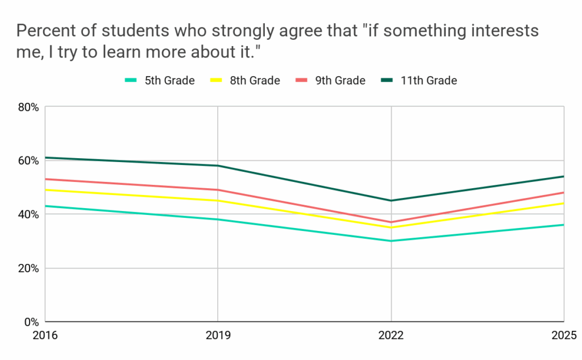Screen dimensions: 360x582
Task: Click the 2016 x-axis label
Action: click(x=45, y=335)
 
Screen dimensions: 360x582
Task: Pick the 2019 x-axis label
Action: click(x=218, y=335)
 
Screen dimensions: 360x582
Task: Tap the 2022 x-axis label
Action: click(x=391, y=335)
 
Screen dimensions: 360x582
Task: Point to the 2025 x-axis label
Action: click(x=564, y=335)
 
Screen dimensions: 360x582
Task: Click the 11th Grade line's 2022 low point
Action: click(x=391, y=200)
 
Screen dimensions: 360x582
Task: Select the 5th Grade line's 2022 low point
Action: click(x=391, y=241)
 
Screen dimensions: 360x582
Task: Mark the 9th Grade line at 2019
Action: click(x=218, y=190)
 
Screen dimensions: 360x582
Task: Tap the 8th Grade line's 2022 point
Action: click(x=391, y=227)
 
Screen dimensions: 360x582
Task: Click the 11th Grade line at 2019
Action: click(x=218, y=165)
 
